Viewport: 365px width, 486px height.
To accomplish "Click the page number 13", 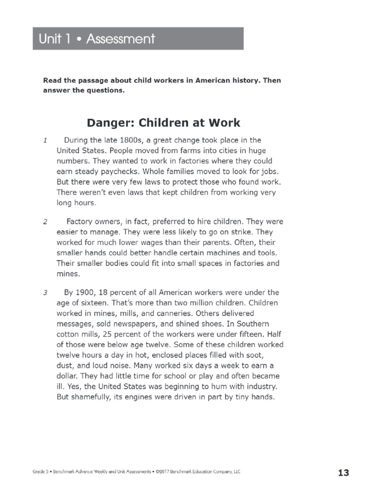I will pos(343,472).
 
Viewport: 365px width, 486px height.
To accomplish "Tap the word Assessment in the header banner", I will pos(121,38).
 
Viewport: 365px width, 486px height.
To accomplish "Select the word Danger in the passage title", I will pos(105,123).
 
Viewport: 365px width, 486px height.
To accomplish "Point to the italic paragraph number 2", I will pos(45,222).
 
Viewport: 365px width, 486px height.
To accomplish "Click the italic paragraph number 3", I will pos(45,292).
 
